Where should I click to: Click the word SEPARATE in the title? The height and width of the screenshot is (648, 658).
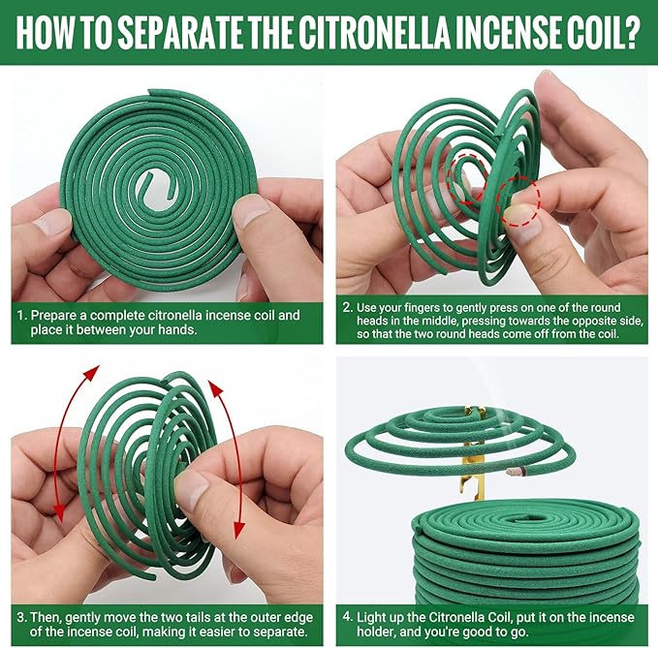coord(181,33)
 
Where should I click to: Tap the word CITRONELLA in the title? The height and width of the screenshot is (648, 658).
coord(376,33)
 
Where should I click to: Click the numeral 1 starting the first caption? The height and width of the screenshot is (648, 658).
coord(21,316)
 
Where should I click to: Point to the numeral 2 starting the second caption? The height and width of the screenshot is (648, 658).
coord(347,307)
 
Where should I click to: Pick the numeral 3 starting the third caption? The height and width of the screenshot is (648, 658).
coord(22,617)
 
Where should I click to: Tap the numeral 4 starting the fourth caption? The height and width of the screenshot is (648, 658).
coord(348,617)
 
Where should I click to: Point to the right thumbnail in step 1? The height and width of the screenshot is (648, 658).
coord(252,211)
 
